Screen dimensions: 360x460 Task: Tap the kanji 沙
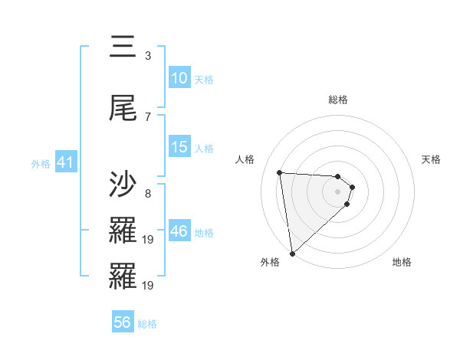[x=123, y=185]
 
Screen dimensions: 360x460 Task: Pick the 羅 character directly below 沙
[x=123, y=231]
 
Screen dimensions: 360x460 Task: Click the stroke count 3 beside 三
[x=148, y=55]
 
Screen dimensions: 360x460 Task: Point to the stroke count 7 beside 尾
[x=148, y=116]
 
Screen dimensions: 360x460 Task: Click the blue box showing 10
[x=179, y=78]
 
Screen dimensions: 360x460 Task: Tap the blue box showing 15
[x=179, y=147]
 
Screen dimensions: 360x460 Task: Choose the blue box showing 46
[x=179, y=231]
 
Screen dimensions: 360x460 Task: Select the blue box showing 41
[x=65, y=162]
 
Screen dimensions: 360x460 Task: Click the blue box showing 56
[x=123, y=322]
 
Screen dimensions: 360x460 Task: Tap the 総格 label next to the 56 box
[x=147, y=324]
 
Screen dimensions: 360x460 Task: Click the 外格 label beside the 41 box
[x=41, y=164]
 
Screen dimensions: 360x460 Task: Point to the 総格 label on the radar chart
[x=338, y=100]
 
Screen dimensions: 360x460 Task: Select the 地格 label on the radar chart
[x=402, y=263]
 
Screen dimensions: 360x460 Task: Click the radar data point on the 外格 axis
[x=292, y=253]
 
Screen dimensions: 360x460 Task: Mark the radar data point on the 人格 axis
[x=280, y=172]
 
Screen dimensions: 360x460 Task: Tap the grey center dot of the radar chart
[x=338, y=191]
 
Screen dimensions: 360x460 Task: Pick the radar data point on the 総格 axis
[x=338, y=177]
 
